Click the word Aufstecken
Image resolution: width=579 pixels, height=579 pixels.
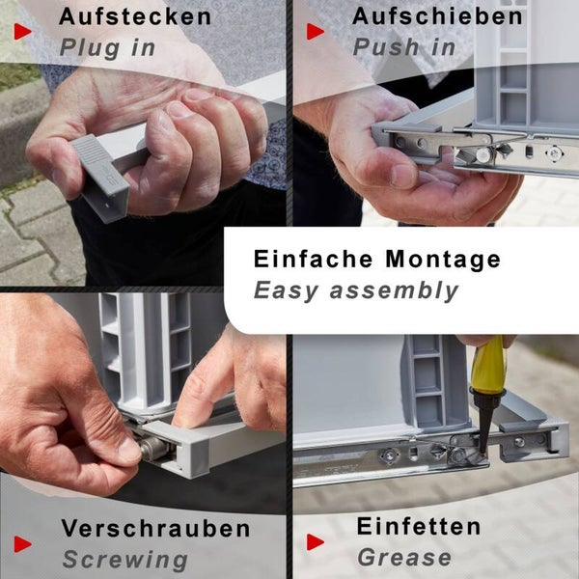point(135,16)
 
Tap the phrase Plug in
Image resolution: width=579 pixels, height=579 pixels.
point(107,48)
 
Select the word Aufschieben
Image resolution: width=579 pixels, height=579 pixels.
point(437,16)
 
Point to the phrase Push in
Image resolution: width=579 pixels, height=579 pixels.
point(404,47)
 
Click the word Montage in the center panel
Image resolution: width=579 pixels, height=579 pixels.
point(443,259)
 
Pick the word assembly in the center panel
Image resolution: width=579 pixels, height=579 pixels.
point(394,290)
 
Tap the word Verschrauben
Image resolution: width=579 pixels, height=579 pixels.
point(155,529)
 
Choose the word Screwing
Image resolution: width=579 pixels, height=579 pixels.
point(125,560)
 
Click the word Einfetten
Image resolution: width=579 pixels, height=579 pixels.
point(419,526)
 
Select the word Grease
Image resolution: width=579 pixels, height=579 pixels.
point(404,557)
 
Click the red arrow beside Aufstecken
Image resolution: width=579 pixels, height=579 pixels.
point(23,32)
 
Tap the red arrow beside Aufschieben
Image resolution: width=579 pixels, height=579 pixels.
point(316,32)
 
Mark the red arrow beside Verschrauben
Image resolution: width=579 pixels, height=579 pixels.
point(23,544)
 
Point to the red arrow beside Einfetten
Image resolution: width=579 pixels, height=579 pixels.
point(316,542)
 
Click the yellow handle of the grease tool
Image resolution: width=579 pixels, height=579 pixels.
point(486,365)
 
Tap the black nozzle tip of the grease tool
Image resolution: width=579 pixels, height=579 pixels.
point(483,452)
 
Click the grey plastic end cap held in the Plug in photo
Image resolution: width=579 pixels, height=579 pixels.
point(99,177)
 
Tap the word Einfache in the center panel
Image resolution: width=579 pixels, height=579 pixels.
point(313,259)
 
